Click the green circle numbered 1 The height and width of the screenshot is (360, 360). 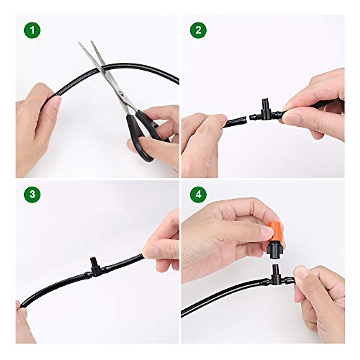tap(32, 30)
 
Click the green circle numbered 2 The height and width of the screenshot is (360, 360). tap(198, 30)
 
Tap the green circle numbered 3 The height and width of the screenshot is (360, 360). tap(32, 194)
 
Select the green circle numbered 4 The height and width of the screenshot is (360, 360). tap(198, 194)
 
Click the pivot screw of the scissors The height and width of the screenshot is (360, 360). tap(121, 94)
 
